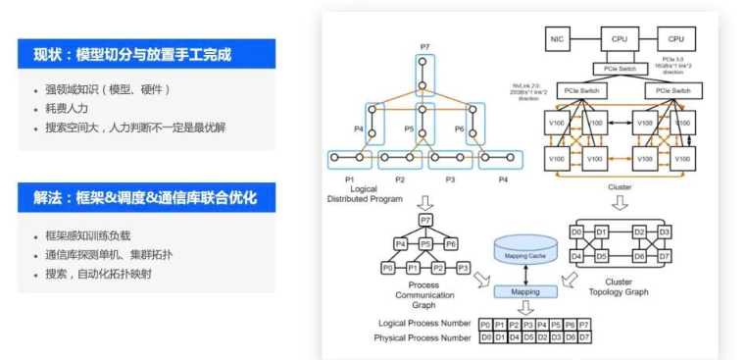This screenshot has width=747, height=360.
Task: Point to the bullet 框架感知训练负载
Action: click(x=88, y=237)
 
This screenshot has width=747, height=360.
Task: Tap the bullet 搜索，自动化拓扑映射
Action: click(x=98, y=274)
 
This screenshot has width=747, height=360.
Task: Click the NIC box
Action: click(x=558, y=39)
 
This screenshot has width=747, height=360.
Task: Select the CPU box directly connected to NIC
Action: click(x=618, y=39)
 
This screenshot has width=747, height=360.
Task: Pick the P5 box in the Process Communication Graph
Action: click(x=425, y=243)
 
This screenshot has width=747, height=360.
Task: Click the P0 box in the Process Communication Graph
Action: click(x=388, y=267)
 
